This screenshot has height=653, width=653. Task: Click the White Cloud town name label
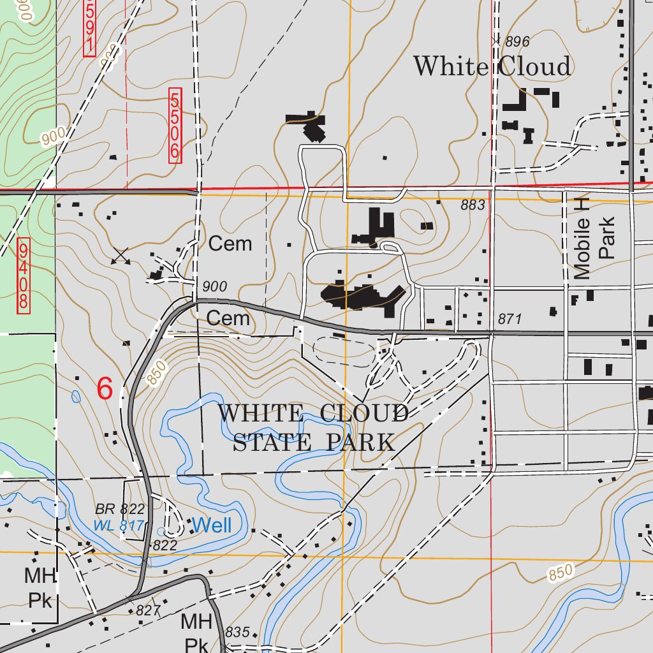492,66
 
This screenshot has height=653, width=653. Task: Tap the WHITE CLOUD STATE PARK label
313,427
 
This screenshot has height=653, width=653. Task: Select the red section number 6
105,388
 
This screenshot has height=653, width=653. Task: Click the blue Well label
212,525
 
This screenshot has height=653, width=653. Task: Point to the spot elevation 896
517,42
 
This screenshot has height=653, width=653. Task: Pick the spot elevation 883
473,205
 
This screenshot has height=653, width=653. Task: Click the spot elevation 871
510,319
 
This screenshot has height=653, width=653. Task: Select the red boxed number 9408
24,275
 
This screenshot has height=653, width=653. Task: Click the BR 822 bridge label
120,509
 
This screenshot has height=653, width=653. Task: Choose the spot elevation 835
237,632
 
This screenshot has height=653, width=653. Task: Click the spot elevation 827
147,610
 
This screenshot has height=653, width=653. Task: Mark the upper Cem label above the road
230,244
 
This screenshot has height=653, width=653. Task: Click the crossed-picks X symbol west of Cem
121,256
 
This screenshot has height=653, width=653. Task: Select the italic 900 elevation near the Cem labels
214,287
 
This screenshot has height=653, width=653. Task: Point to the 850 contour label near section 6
157,372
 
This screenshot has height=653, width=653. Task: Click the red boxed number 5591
89,27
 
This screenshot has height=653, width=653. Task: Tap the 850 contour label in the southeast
561,573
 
